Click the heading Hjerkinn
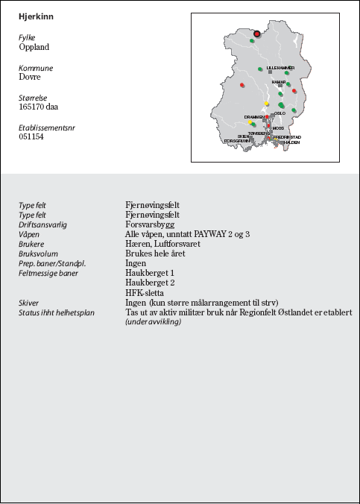[36, 16]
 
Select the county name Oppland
[34, 47]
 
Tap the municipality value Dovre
[30, 77]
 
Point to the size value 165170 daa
[39, 107]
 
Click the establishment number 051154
[31, 137]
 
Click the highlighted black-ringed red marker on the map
[256, 34]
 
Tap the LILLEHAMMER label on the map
[281, 68]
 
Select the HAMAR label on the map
[279, 82]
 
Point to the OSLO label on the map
[280, 113]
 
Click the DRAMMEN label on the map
[253, 117]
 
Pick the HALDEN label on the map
[290, 142]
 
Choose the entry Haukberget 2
[150, 283]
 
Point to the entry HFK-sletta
[145, 293]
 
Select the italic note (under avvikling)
[153, 321]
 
